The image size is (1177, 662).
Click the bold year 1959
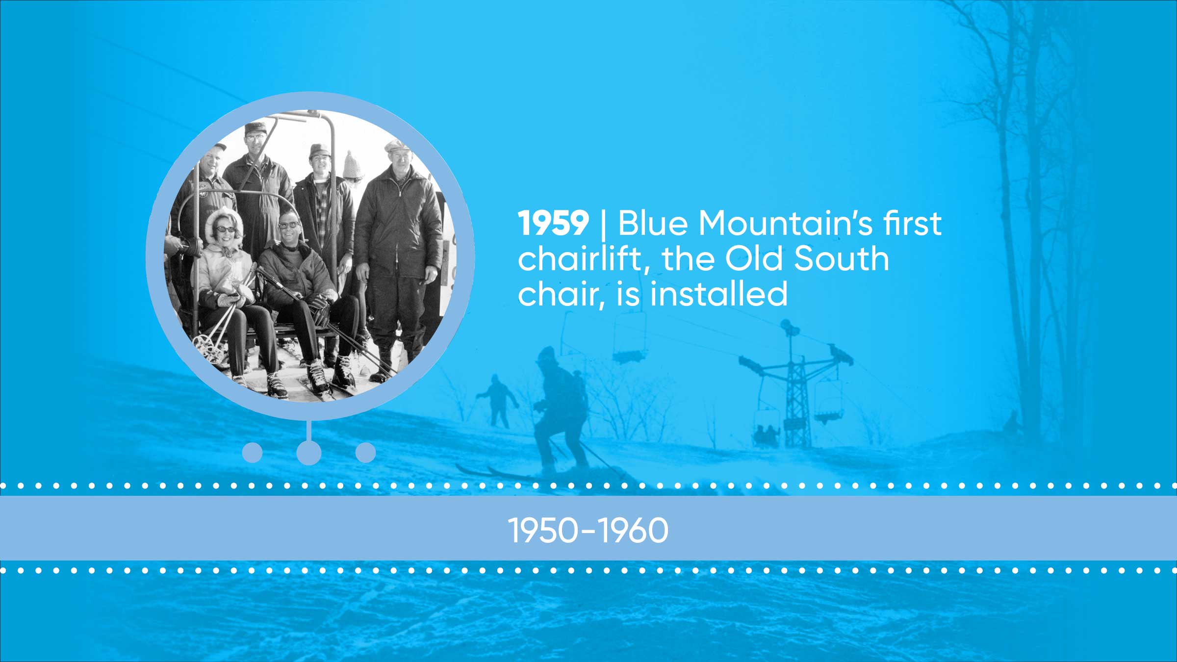tap(553, 223)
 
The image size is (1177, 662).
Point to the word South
tap(841, 258)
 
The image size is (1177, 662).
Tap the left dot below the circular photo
tap(253, 453)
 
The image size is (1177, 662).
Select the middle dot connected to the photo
tap(309, 453)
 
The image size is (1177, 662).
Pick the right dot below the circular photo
tap(365, 453)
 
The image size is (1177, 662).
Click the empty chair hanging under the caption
tap(629, 338)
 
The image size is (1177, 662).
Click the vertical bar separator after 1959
tap(603, 224)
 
